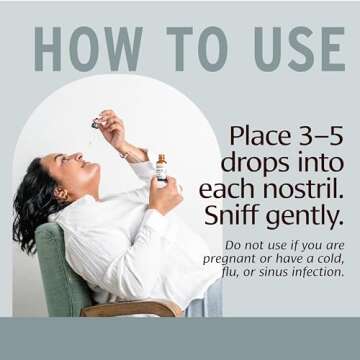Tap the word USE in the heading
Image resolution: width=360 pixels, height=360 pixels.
(300, 49)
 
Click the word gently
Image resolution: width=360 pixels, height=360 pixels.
(304, 217)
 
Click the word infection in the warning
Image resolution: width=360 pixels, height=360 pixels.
(318, 272)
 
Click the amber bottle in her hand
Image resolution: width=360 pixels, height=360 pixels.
(161, 168)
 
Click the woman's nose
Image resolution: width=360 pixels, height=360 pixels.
(77, 156)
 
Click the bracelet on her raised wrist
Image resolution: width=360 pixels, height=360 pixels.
(124, 154)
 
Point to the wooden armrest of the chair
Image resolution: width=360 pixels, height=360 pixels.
(131, 308)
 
